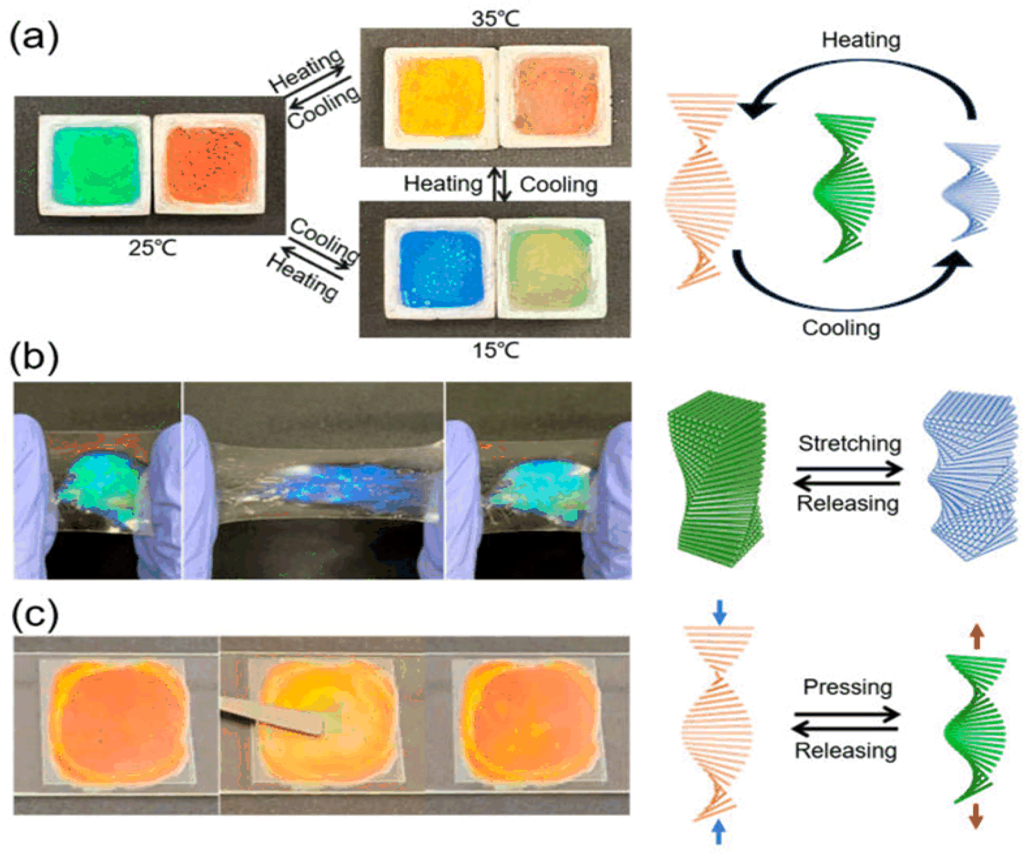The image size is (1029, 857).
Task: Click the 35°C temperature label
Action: click(x=495, y=19)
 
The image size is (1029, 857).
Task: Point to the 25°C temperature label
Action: click(x=152, y=248)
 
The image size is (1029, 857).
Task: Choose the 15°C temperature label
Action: click(x=495, y=350)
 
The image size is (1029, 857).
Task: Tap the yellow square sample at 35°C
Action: click(x=440, y=96)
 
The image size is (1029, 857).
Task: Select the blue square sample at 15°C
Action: click(x=441, y=268)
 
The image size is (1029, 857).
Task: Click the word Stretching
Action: click(x=850, y=444)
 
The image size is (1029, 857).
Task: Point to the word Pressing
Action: click(x=848, y=687)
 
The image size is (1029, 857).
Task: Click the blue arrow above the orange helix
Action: click(x=719, y=613)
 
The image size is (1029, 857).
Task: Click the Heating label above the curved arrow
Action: click(x=861, y=40)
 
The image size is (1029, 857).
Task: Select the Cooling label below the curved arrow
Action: click(x=841, y=328)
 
